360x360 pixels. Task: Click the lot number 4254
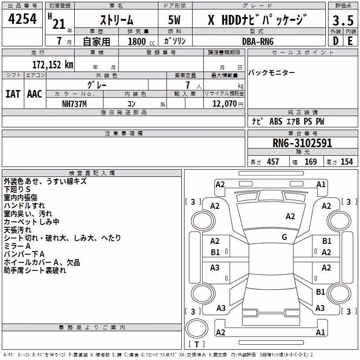22,19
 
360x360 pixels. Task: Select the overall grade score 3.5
343,20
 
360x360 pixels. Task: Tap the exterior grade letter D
336,41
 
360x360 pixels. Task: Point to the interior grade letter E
350,41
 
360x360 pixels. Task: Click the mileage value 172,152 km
53,65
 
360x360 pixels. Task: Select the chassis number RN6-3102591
302,143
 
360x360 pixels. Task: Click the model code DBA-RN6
258,41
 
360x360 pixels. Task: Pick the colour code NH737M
74,104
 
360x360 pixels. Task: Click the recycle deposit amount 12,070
225,104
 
